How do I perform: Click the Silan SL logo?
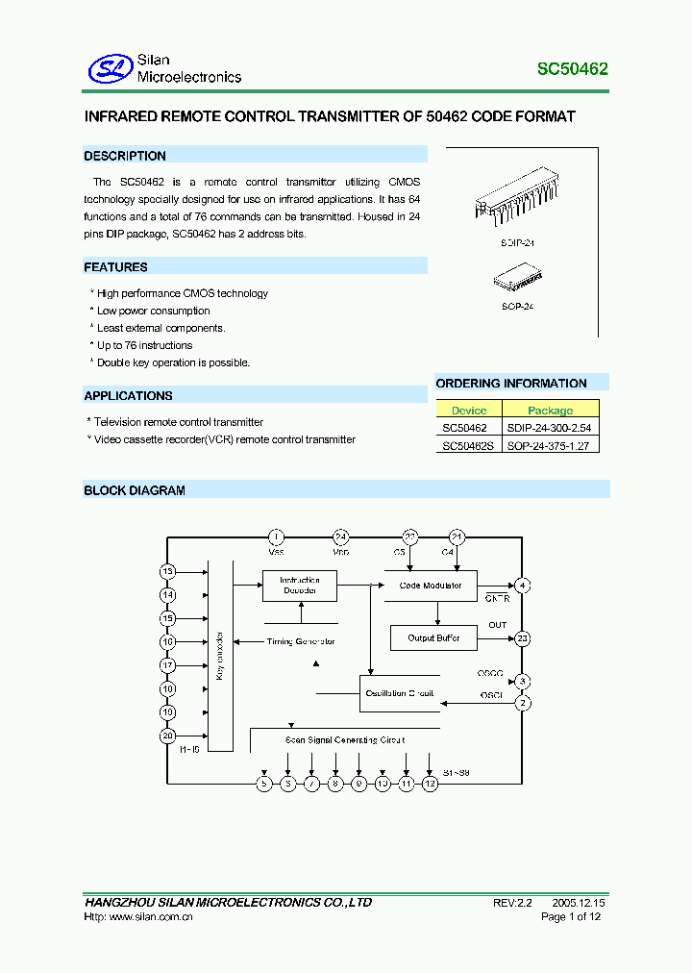(x=109, y=68)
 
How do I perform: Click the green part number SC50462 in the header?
(x=571, y=69)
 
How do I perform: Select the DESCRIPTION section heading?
(x=125, y=156)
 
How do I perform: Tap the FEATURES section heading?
(x=115, y=267)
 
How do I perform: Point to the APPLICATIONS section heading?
(x=128, y=396)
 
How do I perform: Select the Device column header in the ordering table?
(x=469, y=410)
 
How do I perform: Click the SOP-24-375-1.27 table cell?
(x=550, y=445)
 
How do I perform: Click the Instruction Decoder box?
(x=300, y=586)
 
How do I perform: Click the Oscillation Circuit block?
(x=399, y=693)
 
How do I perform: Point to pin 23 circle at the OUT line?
(x=522, y=637)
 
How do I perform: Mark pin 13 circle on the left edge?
(x=168, y=572)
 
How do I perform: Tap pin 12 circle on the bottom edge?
(x=430, y=784)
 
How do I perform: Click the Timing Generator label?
(x=300, y=641)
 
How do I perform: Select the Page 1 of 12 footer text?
(x=573, y=917)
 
